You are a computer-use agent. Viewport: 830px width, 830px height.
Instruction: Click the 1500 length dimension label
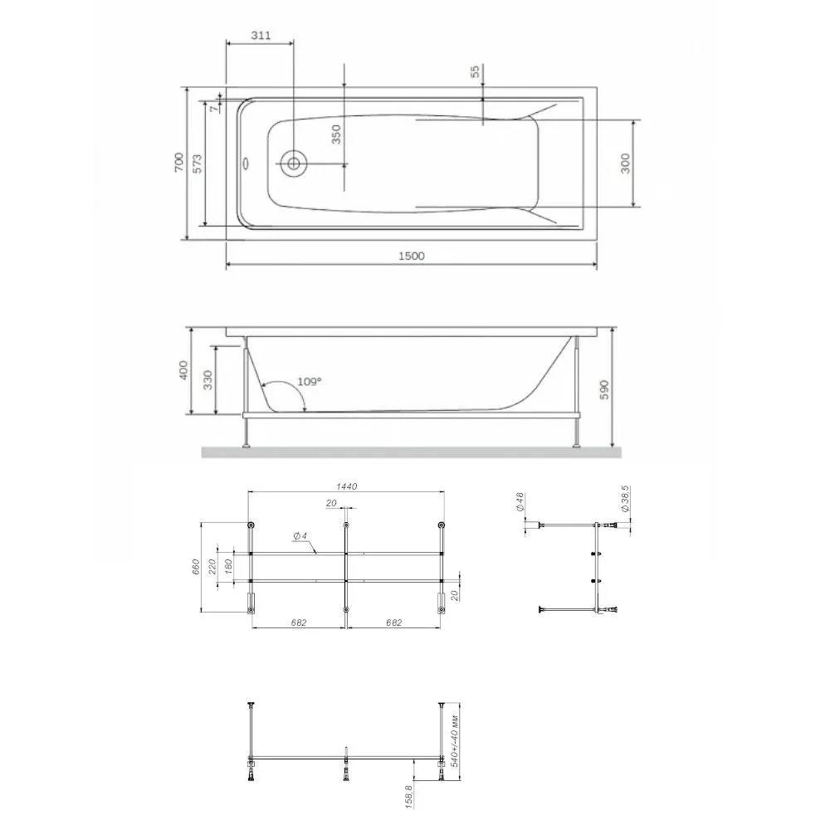click(x=412, y=256)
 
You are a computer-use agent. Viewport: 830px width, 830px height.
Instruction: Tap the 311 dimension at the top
click(x=261, y=36)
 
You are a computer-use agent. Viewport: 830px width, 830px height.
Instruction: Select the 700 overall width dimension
click(x=179, y=162)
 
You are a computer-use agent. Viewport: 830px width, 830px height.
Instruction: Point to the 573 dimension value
click(x=197, y=164)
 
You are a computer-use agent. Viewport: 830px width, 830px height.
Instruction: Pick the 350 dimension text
click(x=335, y=134)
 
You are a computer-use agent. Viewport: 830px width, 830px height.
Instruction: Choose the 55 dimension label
click(x=476, y=71)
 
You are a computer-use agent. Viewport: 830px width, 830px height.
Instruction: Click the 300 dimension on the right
click(x=625, y=163)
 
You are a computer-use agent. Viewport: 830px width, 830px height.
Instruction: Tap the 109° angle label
click(x=309, y=382)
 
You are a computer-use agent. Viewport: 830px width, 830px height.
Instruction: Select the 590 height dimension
click(x=604, y=389)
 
